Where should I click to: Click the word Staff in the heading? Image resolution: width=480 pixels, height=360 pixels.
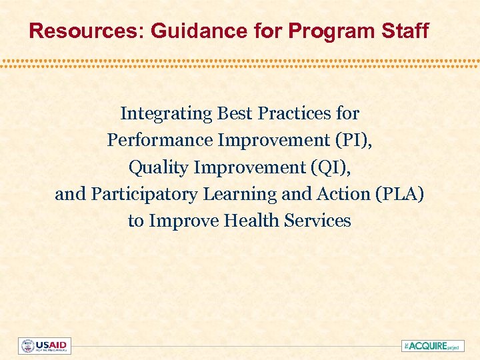pos(407,31)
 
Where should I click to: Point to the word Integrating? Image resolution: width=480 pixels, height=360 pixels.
pos(166,114)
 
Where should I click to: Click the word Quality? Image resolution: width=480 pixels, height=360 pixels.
pos(158,167)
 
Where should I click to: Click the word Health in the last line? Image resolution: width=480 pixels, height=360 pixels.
pos(251,221)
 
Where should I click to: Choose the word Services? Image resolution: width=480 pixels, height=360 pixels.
pos(318,221)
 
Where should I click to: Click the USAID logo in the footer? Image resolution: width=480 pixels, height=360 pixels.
pos(44,346)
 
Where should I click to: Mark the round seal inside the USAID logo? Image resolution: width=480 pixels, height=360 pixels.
pos(27,346)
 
